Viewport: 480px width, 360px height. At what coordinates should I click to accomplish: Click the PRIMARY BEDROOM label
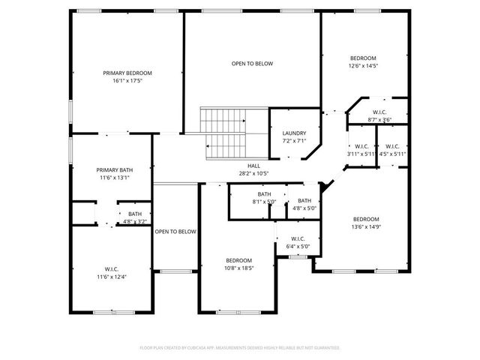tap(127, 73)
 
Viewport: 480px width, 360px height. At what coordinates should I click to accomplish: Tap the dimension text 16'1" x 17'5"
tap(127, 80)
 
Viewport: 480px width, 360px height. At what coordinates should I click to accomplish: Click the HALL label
tap(253, 166)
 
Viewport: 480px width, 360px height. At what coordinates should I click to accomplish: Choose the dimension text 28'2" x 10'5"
tap(253, 173)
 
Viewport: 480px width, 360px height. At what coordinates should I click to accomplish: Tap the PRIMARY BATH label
tap(114, 169)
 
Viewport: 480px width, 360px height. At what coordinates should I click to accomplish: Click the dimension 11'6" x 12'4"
tap(112, 277)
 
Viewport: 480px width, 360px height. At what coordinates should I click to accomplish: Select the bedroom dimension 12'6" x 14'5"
tap(364, 65)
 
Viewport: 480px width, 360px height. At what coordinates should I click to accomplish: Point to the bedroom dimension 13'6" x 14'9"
tap(367, 227)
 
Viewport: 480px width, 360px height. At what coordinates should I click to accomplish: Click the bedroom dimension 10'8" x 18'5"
tap(238, 268)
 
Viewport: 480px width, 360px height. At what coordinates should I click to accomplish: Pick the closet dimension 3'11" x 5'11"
tap(361, 154)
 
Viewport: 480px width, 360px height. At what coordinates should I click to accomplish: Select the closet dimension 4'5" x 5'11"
tap(392, 154)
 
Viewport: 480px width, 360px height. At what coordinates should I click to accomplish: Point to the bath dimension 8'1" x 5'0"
tap(263, 201)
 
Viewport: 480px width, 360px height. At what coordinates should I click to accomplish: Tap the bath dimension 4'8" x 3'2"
tap(134, 221)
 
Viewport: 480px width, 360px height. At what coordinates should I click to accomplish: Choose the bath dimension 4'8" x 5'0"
tap(304, 208)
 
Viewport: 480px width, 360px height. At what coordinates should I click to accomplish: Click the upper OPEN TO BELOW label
tap(252, 64)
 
